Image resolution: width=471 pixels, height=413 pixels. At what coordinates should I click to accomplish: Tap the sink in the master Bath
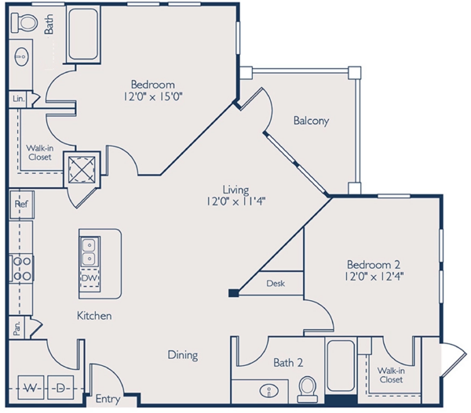[21, 56]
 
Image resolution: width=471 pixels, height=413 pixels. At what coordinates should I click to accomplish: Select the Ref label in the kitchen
[21, 204]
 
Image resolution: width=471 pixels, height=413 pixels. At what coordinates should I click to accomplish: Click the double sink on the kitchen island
[89, 252]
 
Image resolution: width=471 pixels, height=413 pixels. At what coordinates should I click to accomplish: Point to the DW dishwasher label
[89, 278]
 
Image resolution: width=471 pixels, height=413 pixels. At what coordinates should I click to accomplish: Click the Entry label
[108, 400]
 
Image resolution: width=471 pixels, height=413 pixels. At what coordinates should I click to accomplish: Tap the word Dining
[182, 355]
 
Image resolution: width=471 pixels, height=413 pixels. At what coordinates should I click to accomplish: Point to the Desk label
[276, 283]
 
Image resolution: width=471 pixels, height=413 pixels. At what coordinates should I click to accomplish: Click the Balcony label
[311, 121]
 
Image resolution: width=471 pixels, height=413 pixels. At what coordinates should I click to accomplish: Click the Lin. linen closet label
[18, 100]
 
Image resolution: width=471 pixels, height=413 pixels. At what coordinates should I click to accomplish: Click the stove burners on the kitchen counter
[20, 267]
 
